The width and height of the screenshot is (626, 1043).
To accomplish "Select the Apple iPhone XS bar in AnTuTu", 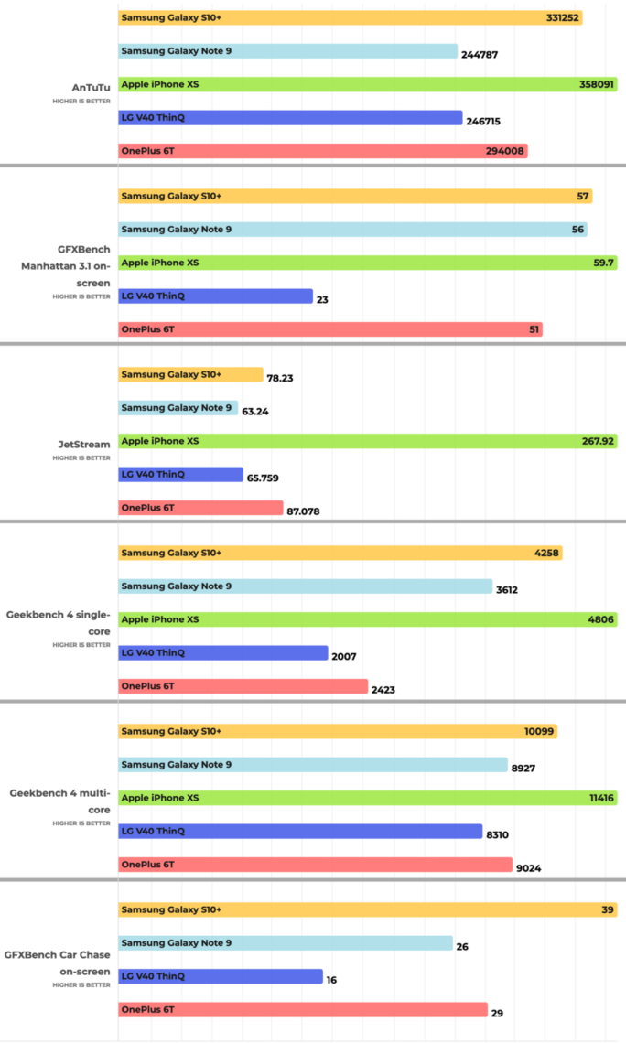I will (x=367, y=84).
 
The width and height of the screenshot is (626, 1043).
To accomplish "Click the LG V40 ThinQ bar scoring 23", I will (x=215, y=296).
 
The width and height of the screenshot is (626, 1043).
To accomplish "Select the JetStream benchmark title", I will (x=84, y=445).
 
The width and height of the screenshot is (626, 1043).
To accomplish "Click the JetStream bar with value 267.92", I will (x=367, y=441).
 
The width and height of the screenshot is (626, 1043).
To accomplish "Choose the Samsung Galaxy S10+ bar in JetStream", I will (x=190, y=374).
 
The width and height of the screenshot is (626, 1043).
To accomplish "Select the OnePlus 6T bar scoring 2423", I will (x=243, y=686).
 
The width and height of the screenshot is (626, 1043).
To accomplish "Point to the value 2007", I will (x=344, y=656).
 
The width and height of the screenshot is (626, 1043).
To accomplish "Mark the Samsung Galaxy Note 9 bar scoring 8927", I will (x=312, y=764).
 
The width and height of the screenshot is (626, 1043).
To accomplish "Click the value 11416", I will (x=600, y=798).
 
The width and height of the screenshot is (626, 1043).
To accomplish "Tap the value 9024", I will (x=528, y=868).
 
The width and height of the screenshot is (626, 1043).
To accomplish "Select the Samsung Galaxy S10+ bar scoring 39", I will (x=367, y=909).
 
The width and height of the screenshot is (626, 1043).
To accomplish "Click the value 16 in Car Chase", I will (x=331, y=980).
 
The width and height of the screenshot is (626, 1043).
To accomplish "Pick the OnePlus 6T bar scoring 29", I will (x=302, y=1009).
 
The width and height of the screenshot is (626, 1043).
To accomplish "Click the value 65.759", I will (x=266, y=478).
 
